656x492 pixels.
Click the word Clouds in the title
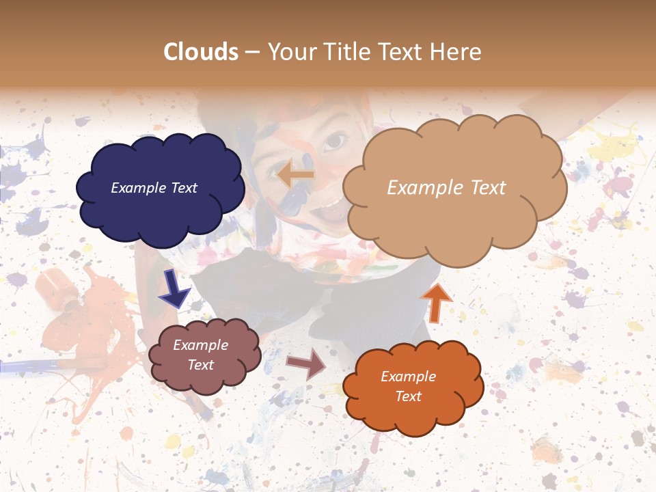pos(201,52)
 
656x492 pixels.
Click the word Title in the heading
pos(346,52)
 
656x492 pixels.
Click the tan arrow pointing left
pos(295,175)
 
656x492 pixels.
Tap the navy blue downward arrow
pos(175,290)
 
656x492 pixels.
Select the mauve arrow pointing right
pos(306,364)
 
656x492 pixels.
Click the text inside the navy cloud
pos(154,188)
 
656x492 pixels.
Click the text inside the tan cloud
pos(446,188)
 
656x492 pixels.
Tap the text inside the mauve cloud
pos(201,355)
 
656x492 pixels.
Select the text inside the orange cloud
pos(408,387)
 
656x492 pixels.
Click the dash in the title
pos(251,53)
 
